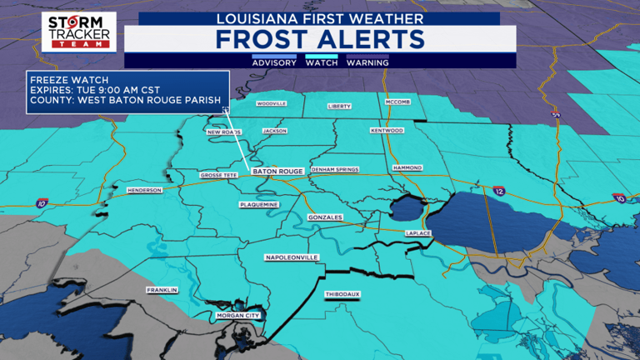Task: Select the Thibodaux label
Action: point(341,295)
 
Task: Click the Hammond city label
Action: point(407,167)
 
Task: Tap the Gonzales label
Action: point(325,217)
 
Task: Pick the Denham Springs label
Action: point(335,169)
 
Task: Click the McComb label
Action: point(397,102)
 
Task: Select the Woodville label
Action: point(271,104)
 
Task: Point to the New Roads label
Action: point(223,132)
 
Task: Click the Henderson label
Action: point(143,190)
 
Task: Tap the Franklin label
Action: point(162,290)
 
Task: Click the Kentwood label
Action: point(387,131)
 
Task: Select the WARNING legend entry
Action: point(367,62)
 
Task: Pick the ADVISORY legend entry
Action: point(274,62)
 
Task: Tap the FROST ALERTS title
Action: point(320,38)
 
